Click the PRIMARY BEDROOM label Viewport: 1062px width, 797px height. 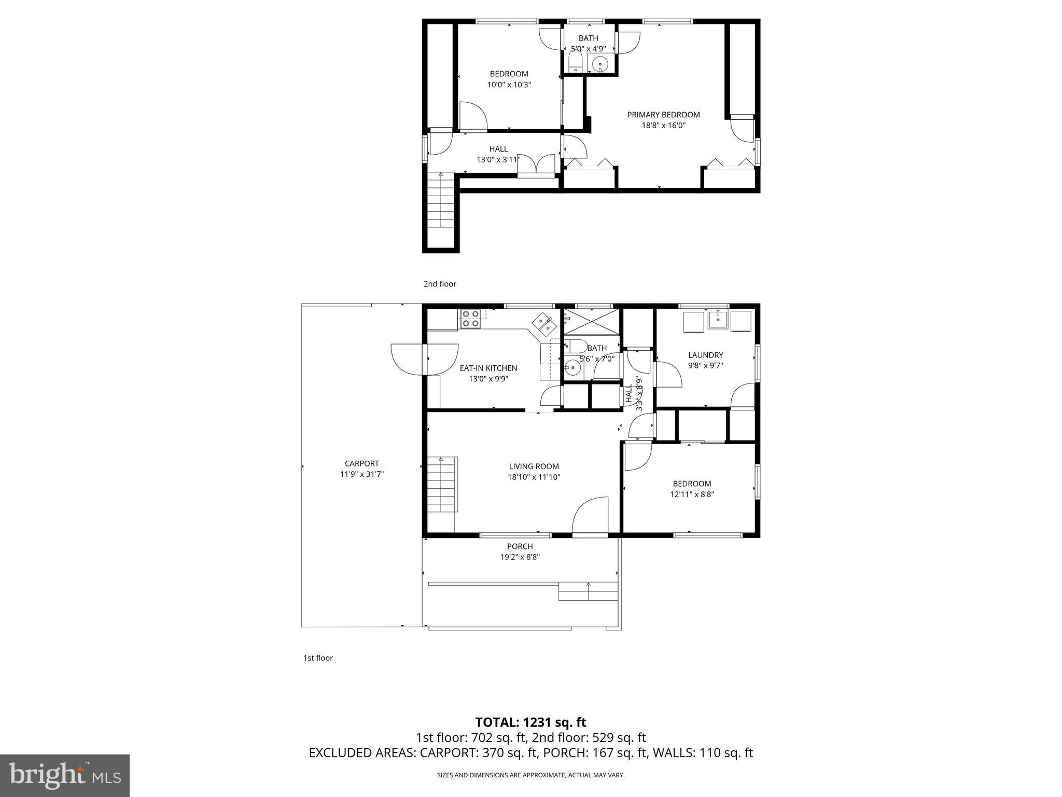coord(663,115)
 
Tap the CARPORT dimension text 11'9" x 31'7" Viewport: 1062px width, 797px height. coord(361,474)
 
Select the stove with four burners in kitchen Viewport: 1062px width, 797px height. coord(470,319)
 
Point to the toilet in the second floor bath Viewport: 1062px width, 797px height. coord(575,63)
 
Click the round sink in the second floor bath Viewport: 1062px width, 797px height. coord(600,64)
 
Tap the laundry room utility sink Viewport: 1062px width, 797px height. coord(718,319)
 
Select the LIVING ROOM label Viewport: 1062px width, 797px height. coord(534,466)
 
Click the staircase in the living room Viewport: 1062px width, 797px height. coord(441,484)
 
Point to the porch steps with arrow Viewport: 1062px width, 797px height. coord(588,591)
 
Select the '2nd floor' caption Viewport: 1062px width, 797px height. coord(440,284)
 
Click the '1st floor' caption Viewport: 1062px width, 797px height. coord(318,658)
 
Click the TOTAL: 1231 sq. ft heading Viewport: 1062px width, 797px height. coord(530,722)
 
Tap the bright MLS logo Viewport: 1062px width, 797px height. coord(64,775)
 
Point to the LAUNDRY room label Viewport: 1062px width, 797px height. coord(705,355)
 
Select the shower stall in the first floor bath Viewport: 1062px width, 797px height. coord(592,322)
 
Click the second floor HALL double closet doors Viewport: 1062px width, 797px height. coord(537,164)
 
